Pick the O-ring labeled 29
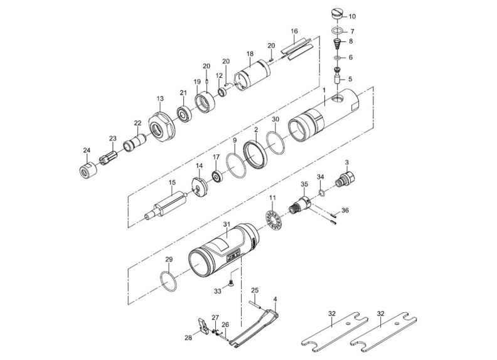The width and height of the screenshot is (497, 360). pos(168,280)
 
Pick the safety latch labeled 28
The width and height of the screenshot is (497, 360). pos(201,327)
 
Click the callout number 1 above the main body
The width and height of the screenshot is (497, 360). pos(324,90)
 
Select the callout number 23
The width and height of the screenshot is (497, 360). pos(113,138)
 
